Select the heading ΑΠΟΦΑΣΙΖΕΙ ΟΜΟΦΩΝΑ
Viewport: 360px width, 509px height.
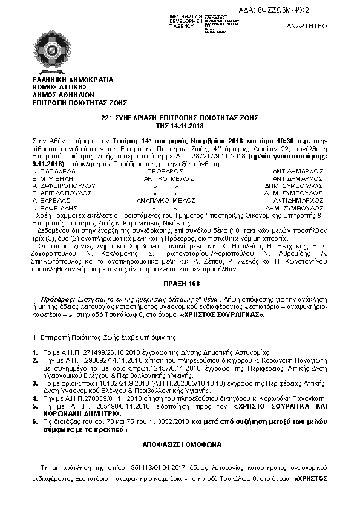point(180,444)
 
